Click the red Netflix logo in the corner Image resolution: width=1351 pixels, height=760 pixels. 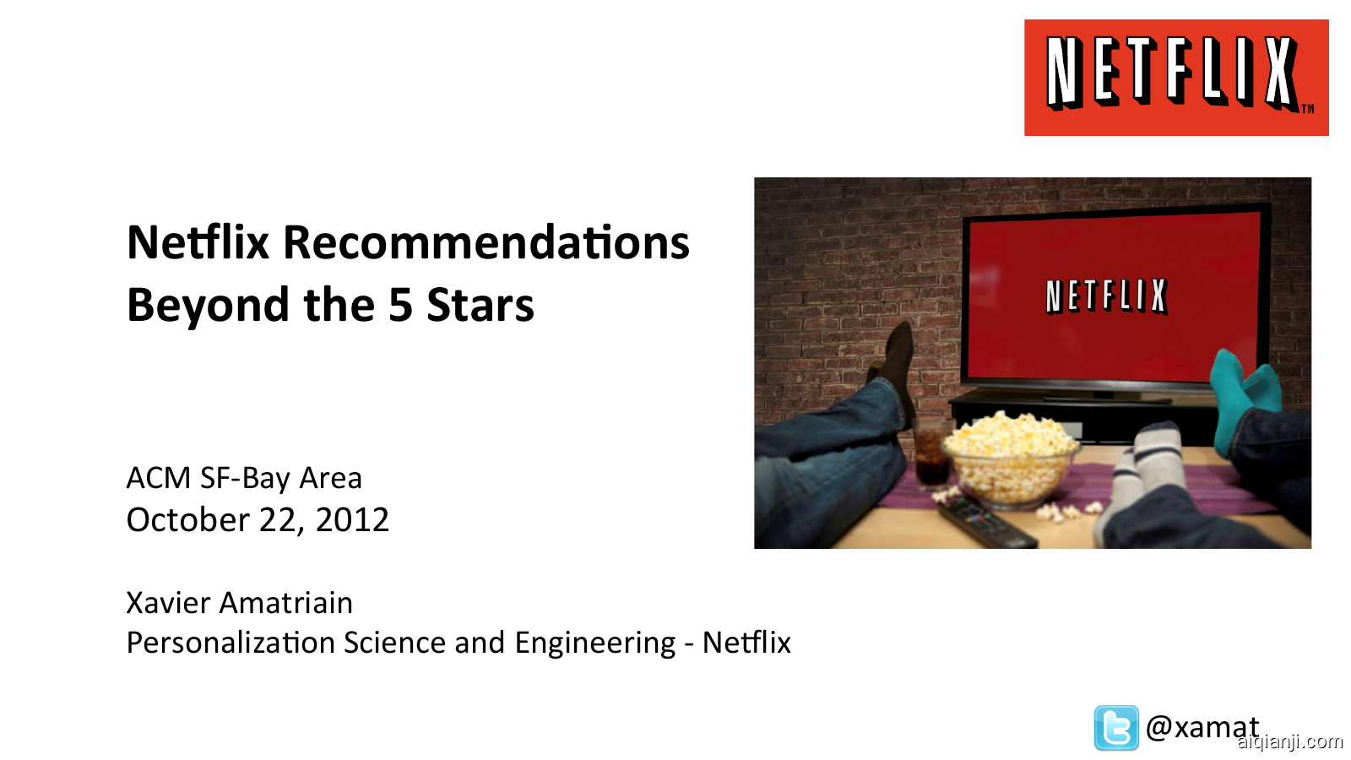(1175, 78)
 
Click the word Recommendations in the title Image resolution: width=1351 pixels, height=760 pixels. (486, 243)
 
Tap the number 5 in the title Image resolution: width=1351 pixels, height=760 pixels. (399, 306)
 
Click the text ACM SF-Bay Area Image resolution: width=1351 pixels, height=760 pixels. (244, 479)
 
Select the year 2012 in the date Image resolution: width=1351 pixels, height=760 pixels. (352, 520)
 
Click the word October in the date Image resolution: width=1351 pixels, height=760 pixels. (187, 520)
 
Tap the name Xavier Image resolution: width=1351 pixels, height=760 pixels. (168, 603)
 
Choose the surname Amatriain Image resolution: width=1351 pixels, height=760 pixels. (286, 603)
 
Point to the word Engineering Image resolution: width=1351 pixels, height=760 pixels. (595, 643)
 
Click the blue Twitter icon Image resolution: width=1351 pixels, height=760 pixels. (1115, 728)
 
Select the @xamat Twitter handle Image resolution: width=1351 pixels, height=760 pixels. (1202, 727)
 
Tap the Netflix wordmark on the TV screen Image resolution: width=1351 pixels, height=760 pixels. (1106, 296)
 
